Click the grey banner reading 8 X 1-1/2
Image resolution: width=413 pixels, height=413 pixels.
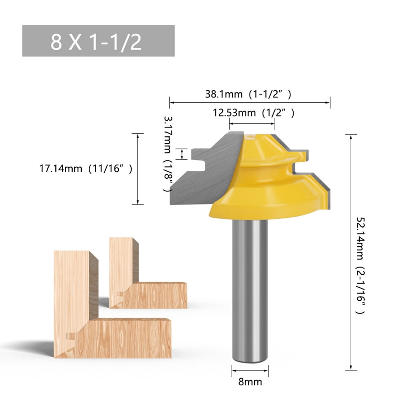(98, 41)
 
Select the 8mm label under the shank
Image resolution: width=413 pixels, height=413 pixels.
(250, 382)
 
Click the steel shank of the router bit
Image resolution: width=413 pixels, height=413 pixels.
(250, 289)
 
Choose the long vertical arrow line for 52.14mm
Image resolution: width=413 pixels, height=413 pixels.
(351, 252)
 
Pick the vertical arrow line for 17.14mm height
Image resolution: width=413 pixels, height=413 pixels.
(137, 169)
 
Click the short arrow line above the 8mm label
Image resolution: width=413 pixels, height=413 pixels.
(250, 370)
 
